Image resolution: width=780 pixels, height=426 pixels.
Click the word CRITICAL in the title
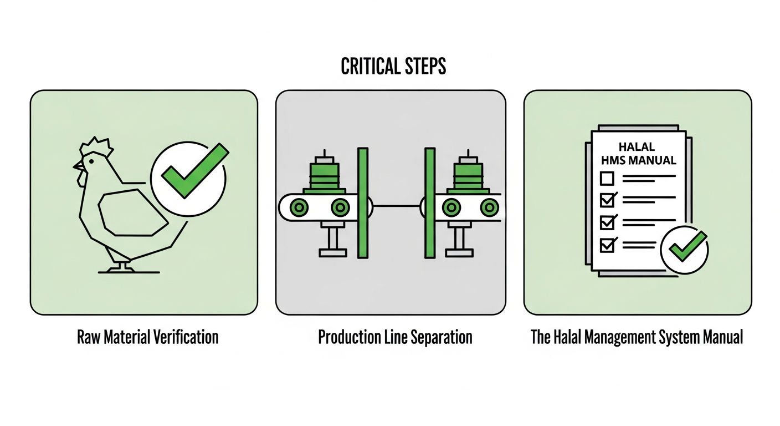pos(370,66)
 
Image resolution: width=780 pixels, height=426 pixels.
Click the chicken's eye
pos(91,161)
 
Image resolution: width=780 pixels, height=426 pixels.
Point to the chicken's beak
pos(78,166)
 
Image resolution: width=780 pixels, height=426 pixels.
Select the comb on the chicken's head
pos(96,146)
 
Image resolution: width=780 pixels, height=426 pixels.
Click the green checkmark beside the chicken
pos(195,170)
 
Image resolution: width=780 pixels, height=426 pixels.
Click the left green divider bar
pos(363,203)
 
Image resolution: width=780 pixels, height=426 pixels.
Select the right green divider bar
pos(430,203)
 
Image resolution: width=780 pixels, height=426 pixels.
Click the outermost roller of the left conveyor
pos(299,208)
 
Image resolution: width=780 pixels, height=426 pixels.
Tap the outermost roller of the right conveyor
pos(490,208)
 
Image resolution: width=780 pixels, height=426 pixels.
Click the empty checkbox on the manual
pos(607,179)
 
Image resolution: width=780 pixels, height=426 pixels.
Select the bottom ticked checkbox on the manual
pos(608,245)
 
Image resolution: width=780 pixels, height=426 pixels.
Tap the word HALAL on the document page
pos(637,146)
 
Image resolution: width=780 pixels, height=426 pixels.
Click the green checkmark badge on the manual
pos(685,250)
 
